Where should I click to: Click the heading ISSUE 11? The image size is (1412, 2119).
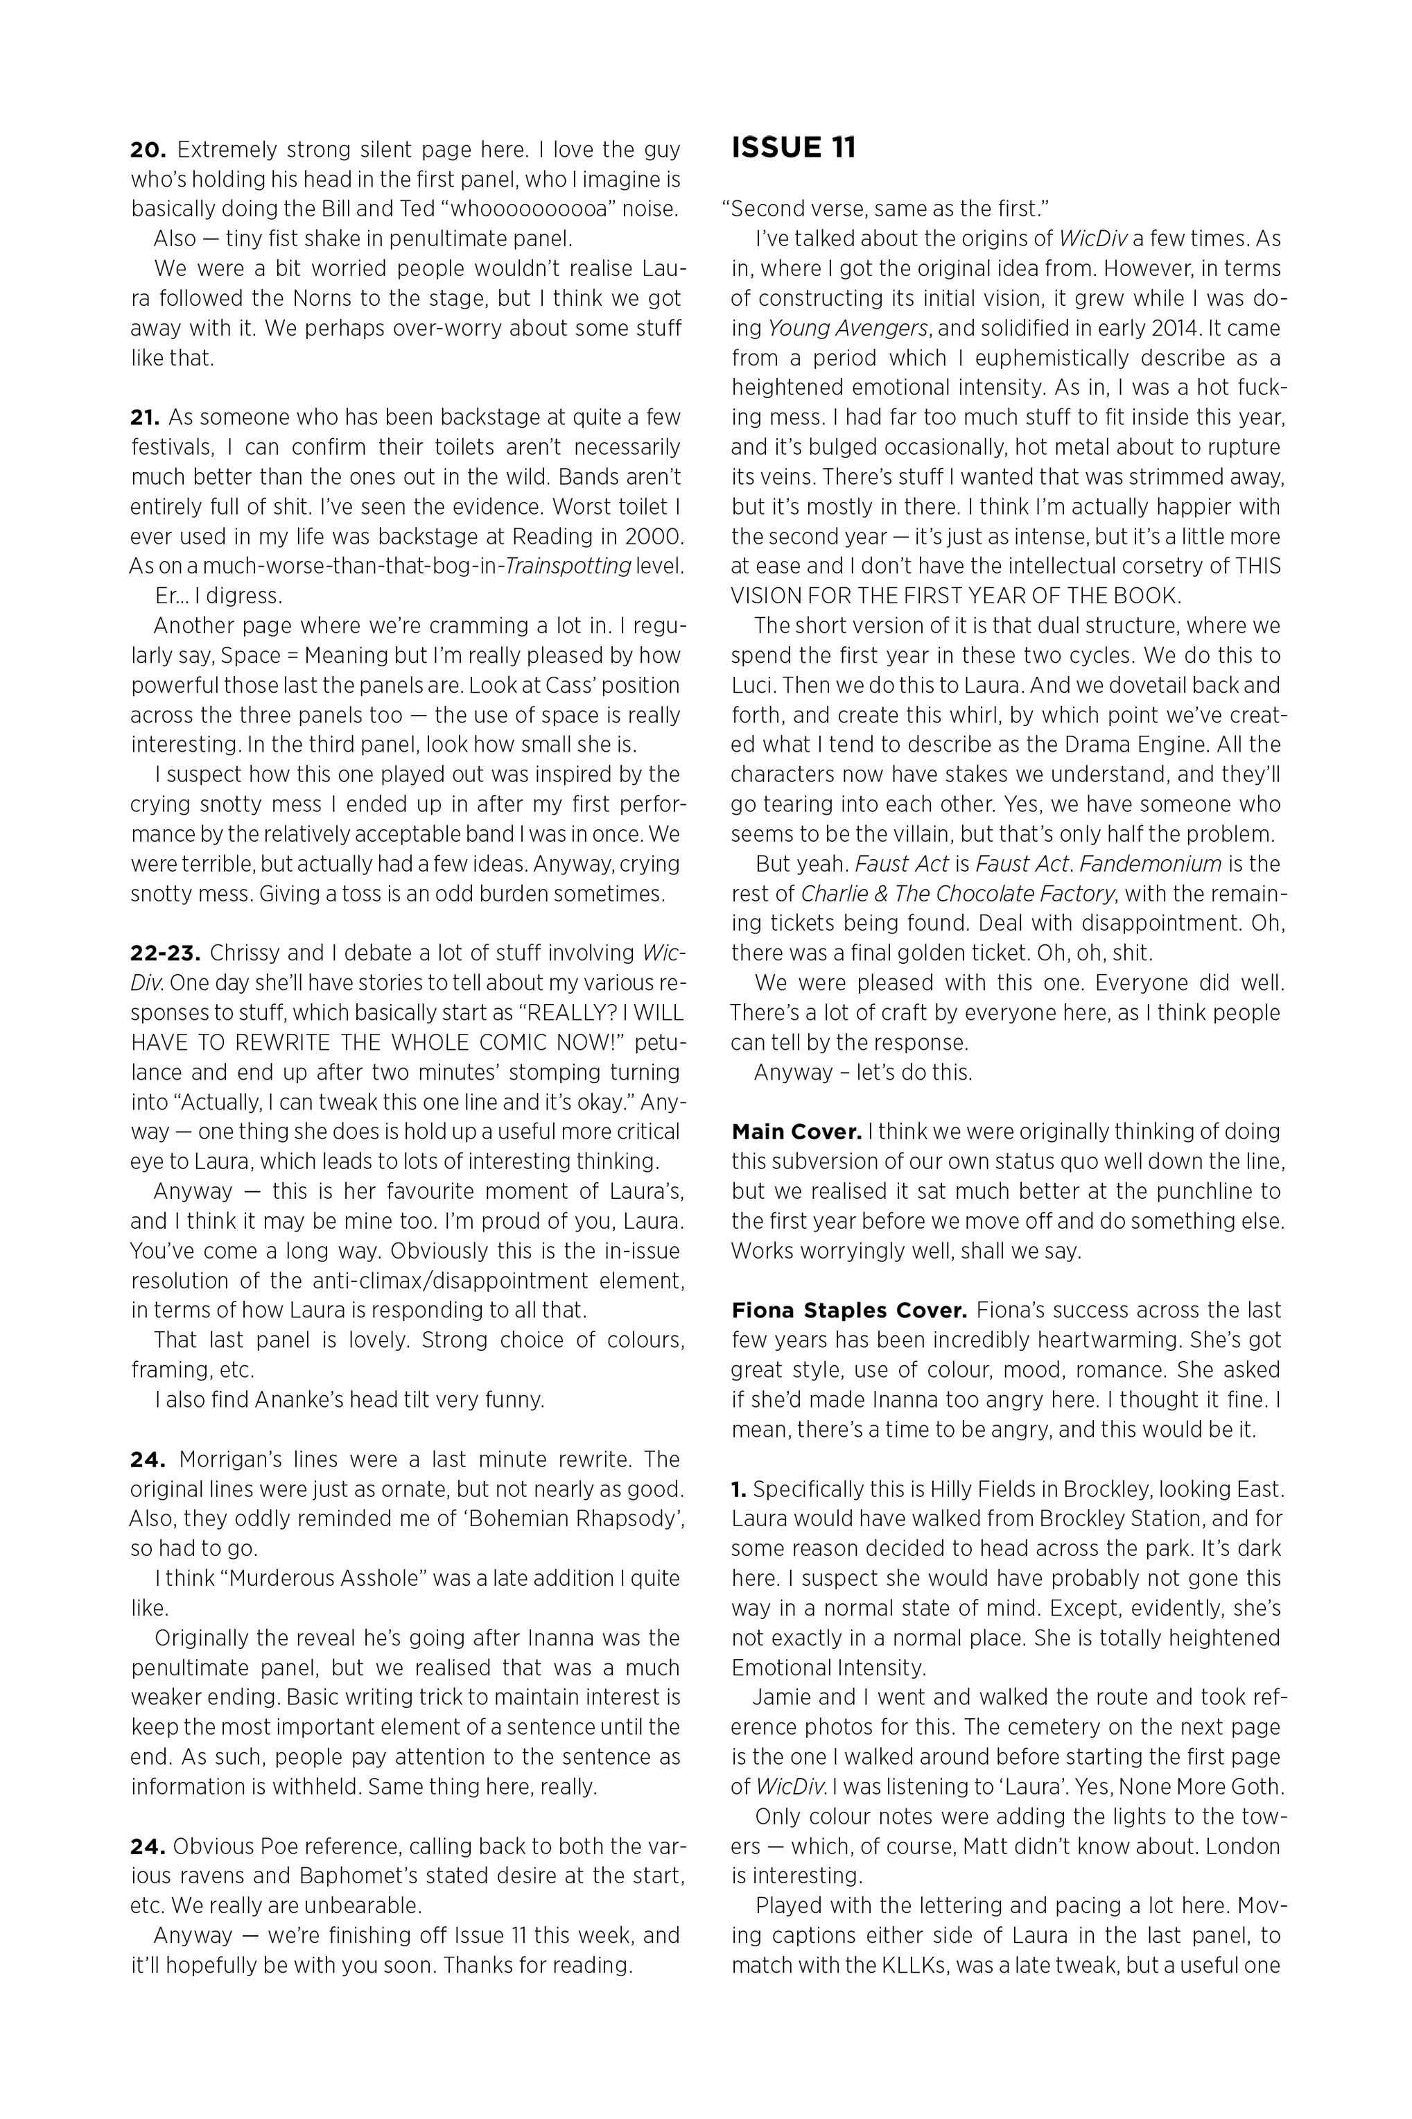(x=794, y=148)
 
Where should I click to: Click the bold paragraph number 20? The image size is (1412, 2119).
(x=148, y=150)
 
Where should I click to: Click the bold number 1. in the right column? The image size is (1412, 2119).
(x=738, y=1489)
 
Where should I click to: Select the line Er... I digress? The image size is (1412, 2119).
(x=218, y=596)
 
